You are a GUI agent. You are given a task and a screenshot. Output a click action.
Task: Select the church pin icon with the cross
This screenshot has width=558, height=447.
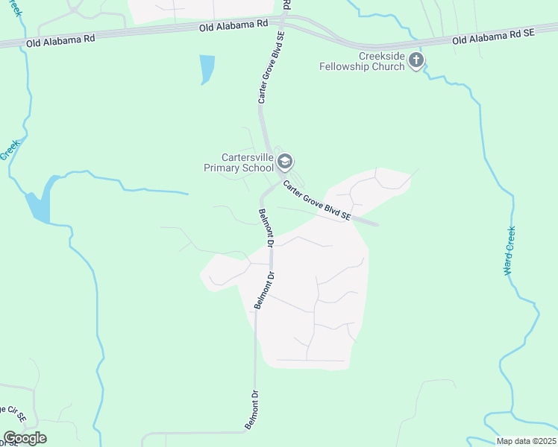416,60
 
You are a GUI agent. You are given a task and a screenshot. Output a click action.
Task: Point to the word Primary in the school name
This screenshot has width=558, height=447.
222,168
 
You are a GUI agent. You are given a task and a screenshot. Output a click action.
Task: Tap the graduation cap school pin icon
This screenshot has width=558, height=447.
284,161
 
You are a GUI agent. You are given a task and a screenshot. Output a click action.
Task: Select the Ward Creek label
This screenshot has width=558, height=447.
510,251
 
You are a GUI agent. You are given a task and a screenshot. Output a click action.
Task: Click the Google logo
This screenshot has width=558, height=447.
25,438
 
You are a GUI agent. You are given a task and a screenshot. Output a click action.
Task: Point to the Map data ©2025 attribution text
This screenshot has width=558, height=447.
526,441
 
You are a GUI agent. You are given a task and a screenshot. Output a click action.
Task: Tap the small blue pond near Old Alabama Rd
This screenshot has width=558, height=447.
207,69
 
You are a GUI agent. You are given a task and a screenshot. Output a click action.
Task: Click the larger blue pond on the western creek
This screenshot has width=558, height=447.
39,200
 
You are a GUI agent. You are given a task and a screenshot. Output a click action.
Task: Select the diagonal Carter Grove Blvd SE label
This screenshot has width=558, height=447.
316,200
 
